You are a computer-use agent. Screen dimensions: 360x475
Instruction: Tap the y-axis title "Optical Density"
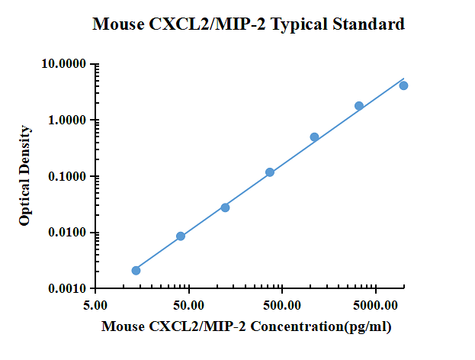point(25,176)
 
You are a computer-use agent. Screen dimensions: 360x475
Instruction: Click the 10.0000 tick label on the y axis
point(64,64)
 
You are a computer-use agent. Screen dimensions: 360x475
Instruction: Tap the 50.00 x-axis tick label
point(188,305)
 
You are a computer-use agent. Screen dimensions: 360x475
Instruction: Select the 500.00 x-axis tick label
point(282,305)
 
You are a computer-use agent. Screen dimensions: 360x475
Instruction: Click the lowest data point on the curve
point(136,270)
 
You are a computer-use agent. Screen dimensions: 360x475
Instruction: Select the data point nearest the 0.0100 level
point(181,236)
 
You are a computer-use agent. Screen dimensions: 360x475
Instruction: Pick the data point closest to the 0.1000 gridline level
point(270,172)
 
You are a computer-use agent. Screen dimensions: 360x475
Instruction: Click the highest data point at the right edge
point(403,85)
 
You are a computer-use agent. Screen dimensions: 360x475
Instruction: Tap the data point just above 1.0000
point(359,106)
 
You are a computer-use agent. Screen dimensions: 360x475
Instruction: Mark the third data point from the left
point(225,207)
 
